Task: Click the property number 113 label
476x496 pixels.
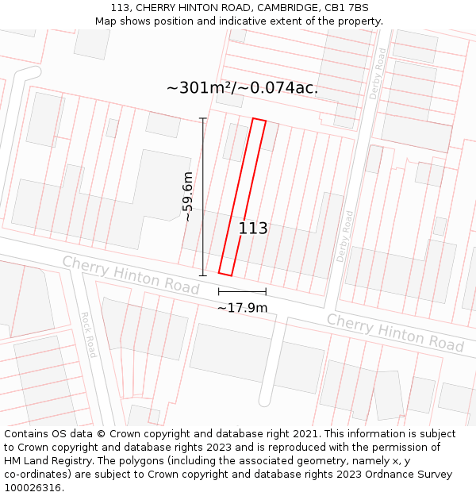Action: coord(253,229)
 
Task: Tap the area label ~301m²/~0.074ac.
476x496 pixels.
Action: coord(243,88)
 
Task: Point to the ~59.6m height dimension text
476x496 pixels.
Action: coord(188,196)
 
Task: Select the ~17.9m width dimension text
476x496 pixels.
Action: coord(242,308)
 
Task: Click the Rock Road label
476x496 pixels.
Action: coord(87,334)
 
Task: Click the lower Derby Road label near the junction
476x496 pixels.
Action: coord(346,236)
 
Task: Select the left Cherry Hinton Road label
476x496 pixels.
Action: coord(131,275)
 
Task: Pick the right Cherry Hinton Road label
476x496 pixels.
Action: coord(395,333)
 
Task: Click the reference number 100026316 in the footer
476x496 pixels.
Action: coord(33,488)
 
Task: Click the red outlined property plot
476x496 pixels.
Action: coord(242,198)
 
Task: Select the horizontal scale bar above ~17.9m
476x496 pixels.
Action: coord(242,292)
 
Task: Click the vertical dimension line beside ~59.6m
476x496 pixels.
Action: coord(202,197)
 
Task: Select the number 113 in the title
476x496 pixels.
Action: coord(121,8)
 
